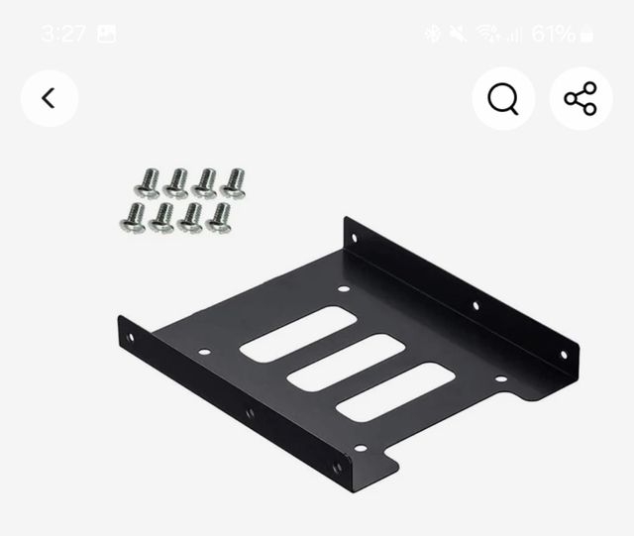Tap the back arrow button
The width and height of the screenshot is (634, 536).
(x=49, y=98)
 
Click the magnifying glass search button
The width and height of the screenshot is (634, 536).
(x=503, y=98)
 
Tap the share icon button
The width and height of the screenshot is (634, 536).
(x=581, y=98)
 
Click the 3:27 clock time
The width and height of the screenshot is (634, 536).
(x=63, y=33)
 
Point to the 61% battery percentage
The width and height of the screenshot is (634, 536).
(x=553, y=34)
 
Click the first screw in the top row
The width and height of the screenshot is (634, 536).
(x=148, y=183)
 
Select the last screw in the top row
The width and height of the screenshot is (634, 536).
(x=233, y=183)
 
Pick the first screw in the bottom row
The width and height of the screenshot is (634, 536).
(x=133, y=218)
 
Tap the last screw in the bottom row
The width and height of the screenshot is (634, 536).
(x=219, y=218)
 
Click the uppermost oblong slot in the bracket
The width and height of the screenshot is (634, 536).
(x=298, y=334)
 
